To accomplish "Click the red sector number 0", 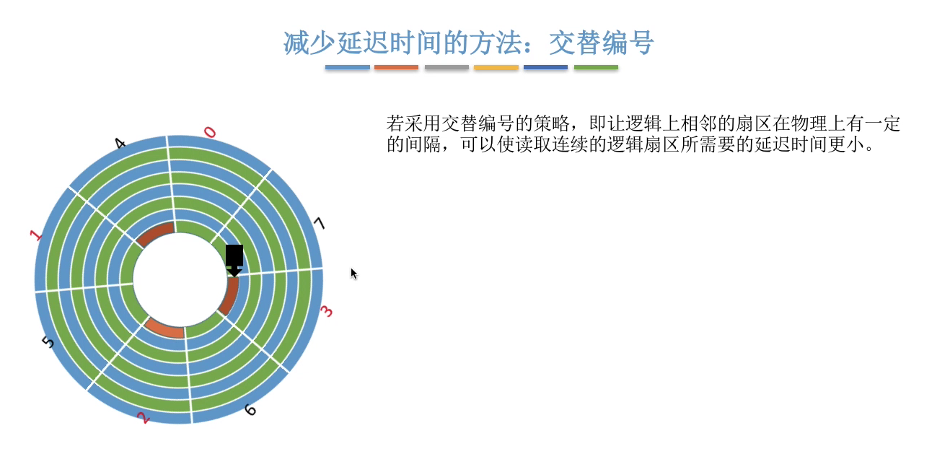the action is point(210,133).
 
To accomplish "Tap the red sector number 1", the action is point(36,235).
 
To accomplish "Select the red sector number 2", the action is point(144,418).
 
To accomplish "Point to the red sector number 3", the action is point(326,311).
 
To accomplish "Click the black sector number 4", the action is point(120,144).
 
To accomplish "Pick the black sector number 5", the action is point(48,341).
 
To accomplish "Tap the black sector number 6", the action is point(250,410).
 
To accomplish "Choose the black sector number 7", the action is point(320,223).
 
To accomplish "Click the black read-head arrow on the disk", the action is point(234,261).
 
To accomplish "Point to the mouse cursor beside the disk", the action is point(353,274).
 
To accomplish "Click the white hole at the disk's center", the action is point(180,281).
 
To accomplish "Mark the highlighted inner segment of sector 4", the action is point(154,232).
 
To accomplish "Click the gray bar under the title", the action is point(447,67).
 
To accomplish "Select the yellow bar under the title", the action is point(496,67).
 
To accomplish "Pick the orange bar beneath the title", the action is point(396,67).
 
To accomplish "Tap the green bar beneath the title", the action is point(596,67).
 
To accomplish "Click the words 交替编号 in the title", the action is point(602,43).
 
